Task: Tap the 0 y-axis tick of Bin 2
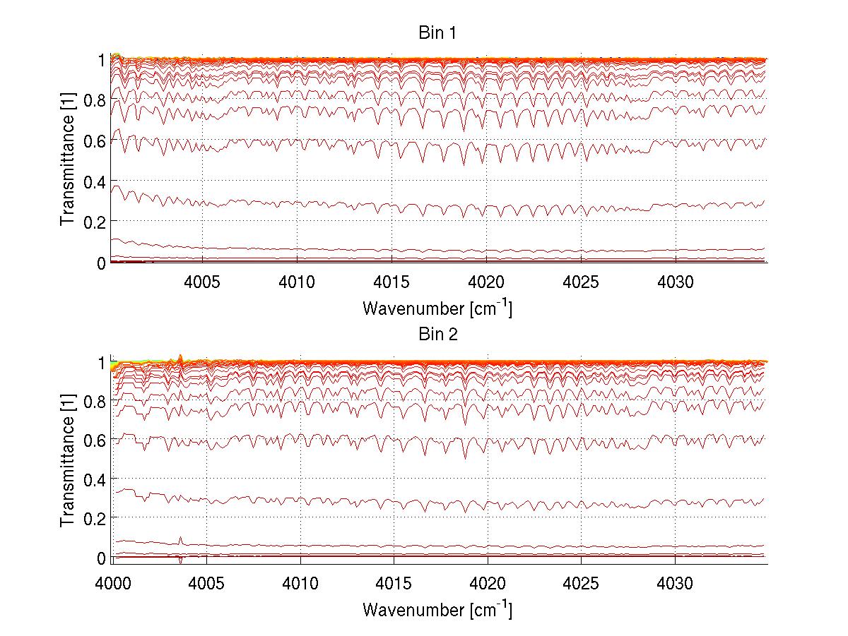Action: [x=102, y=558]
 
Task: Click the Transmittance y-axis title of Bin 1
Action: [x=67, y=160]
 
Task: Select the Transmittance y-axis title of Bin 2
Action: [x=67, y=460]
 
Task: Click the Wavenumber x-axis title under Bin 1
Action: [x=437, y=308]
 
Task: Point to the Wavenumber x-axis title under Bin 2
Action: [x=437, y=608]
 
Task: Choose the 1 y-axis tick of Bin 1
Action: [x=102, y=61]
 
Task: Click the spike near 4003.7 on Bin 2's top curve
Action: [x=181, y=356]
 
